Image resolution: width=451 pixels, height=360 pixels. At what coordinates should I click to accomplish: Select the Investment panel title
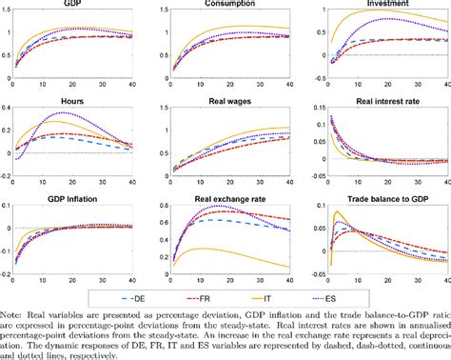coord(379,5)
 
